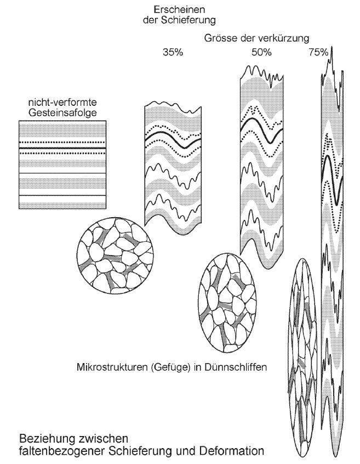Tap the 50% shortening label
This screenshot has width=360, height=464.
pos(261,53)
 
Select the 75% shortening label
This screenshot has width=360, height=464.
pos(318,53)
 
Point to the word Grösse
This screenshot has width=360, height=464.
pos(220,39)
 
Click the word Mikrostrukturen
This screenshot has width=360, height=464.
pos(112,367)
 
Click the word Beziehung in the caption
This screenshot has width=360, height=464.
pos(48,439)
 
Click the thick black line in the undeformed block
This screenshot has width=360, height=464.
pos(61,148)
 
